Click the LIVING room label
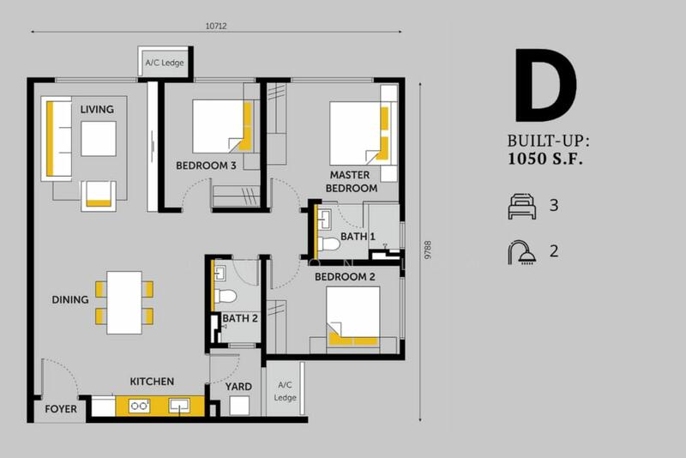coord(97,110)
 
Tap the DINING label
coord(70,299)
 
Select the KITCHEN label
coord(152,382)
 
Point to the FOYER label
coord(61,409)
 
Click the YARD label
coord(238,387)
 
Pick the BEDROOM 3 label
coord(206,166)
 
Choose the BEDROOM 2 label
coord(345,277)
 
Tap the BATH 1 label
coord(358,237)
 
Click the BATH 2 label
coord(240,318)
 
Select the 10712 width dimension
coord(216,27)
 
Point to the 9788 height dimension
coord(428,250)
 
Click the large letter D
coord(545,85)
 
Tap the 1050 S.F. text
coord(545,159)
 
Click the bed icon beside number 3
coord(522,206)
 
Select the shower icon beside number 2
coord(522,252)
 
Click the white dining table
coord(124,303)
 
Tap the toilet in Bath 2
coord(226,296)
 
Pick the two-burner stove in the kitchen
coord(139,406)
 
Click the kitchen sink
coord(179,406)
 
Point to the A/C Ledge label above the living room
coord(165,63)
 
